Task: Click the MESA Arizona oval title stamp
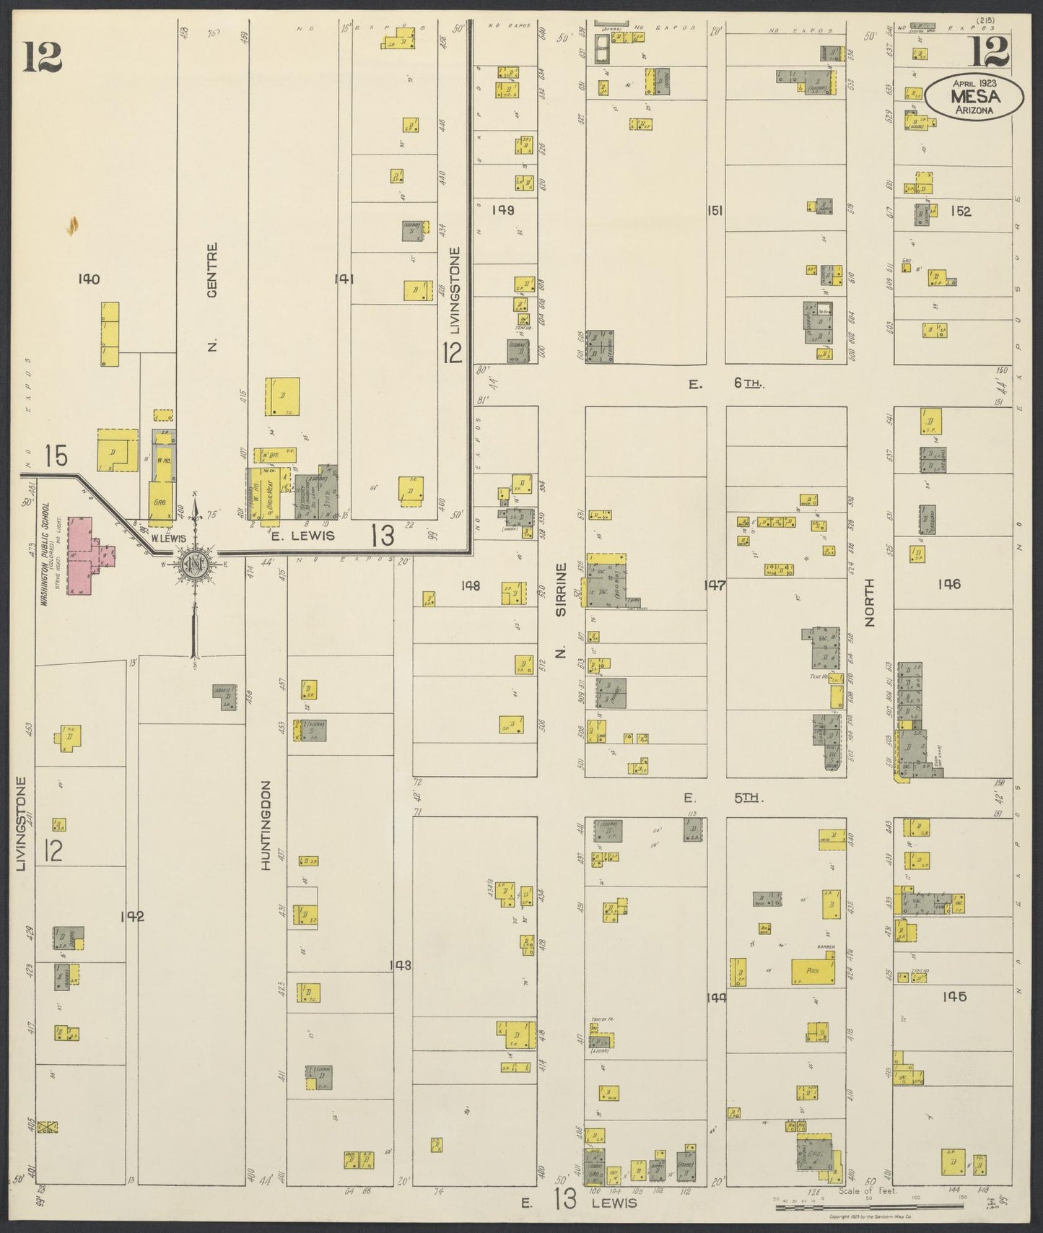[974, 97]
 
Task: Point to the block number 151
[715, 211]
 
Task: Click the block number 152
[961, 211]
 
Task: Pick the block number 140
[90, 279]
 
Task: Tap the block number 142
[133, 917]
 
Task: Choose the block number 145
[953, 997]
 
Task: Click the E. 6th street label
[725, 385]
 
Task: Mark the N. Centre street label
[212, 297]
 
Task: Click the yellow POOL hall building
[816, 972]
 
